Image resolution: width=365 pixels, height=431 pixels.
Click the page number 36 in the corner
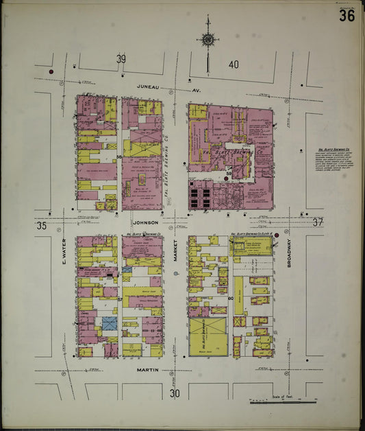[347, 15]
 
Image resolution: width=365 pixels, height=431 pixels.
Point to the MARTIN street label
[148, 371]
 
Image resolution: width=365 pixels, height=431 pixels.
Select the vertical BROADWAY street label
[290, 253]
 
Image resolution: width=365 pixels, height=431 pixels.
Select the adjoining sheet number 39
[121, 60]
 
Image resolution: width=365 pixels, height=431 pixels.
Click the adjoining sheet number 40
[234, 64]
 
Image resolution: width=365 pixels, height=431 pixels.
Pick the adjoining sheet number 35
[41, 225]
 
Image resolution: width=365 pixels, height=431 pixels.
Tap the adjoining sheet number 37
[317, 222]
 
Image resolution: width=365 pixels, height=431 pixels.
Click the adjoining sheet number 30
[175, 393]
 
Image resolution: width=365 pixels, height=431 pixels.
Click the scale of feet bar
[284, 401]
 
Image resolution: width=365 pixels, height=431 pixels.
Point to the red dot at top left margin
[51, 71]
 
